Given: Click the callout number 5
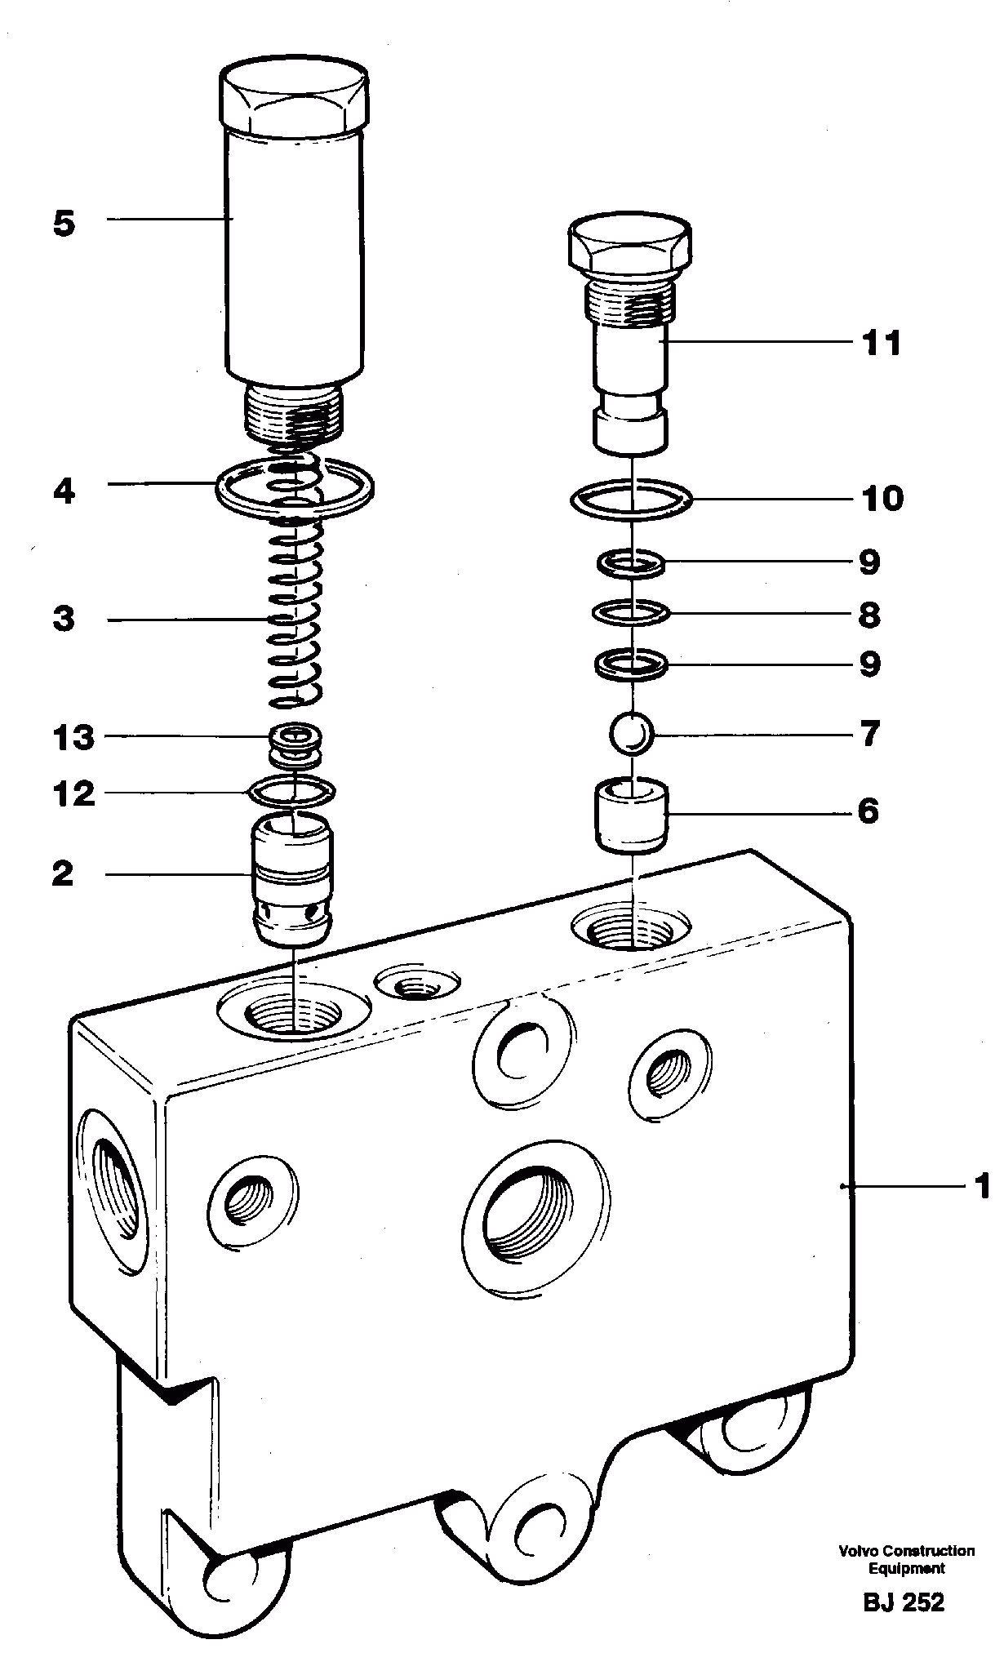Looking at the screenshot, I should tap(64, 224).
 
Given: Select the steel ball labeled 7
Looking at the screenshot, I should tap(631, 734).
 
